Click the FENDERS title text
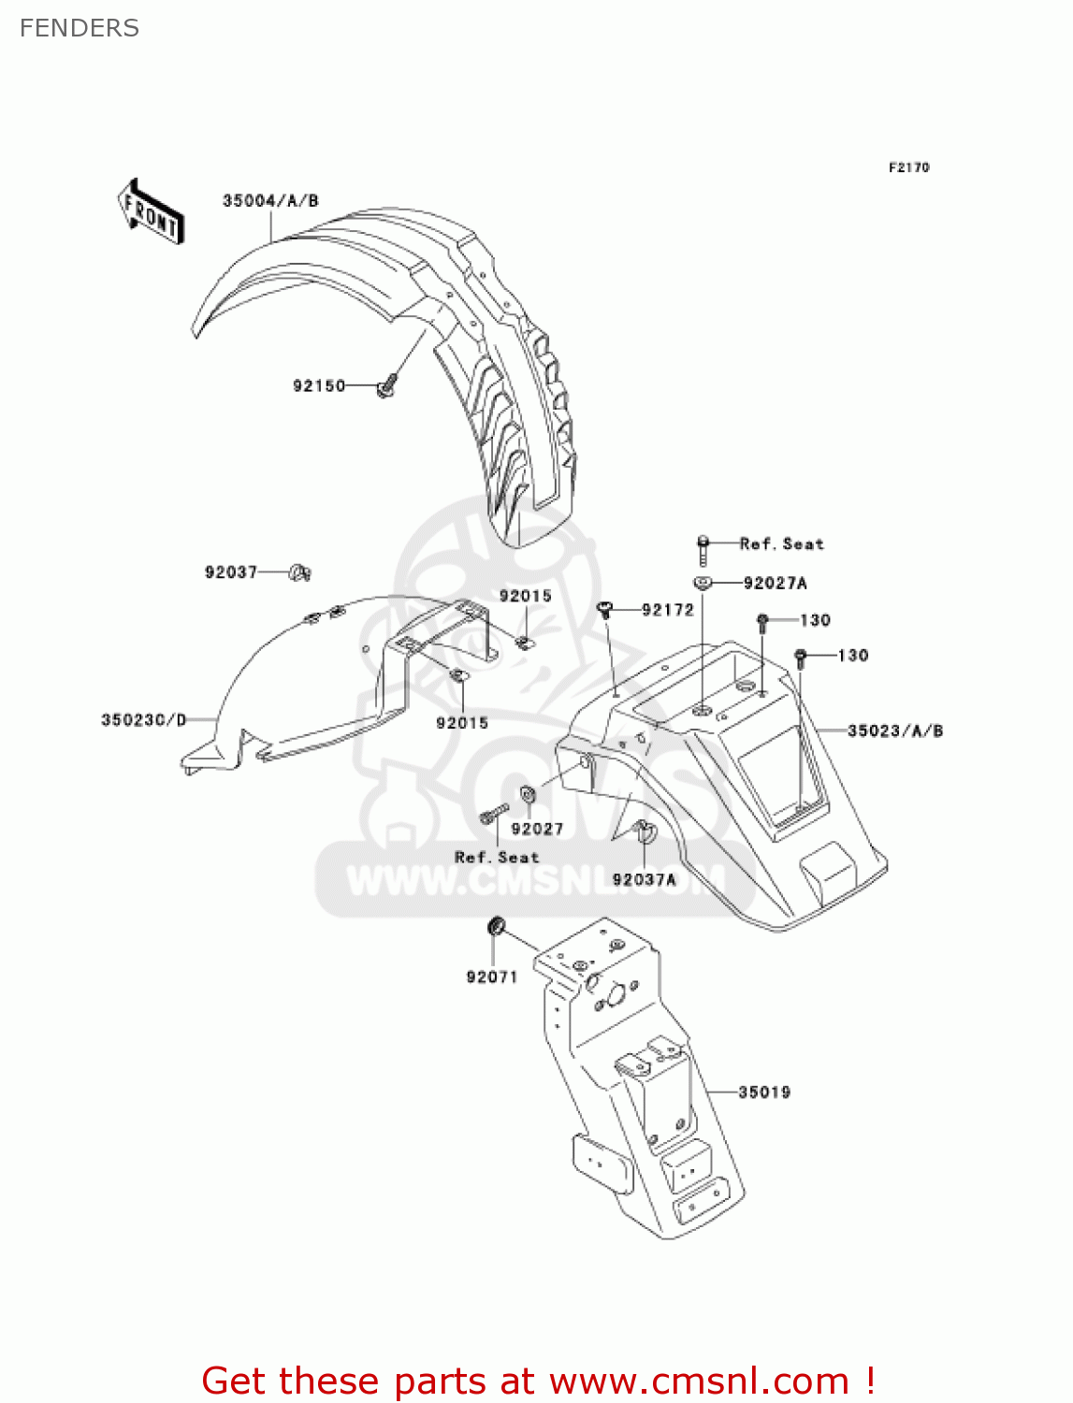tap(80, 28)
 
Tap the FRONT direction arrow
tap(151, 211)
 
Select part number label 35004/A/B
tap(270, 200)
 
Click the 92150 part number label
tap(319, 385)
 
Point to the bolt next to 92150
tap(386, 385)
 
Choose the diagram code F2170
tap(908, 167)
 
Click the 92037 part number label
tap(231, 571)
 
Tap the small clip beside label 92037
tap(300, 571)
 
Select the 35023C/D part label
tap(144, 719)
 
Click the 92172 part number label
tap(668, 610)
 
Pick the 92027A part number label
tap(775, 583)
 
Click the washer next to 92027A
tap(703, 583)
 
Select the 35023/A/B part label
tap(895, 730)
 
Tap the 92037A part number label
tap(644, 879)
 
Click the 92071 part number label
tap(492, 976)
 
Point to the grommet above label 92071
tap(497, 926)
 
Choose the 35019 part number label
tap(764, 1092)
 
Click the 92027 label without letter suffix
tap(537, 829)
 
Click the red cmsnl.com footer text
tap(538, 1381)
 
